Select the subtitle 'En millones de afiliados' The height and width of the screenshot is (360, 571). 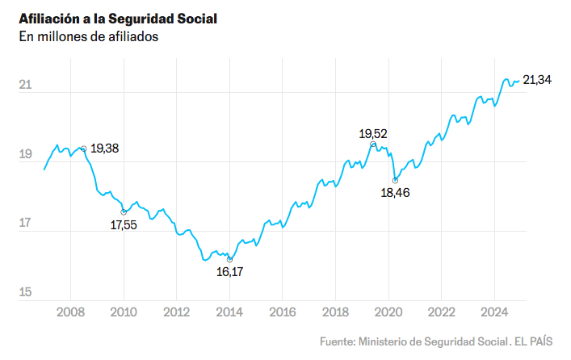(x=89, y=36)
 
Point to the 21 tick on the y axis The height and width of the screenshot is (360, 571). (x=26, y=85)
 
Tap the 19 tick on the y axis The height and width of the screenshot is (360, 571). (x=26, y=154)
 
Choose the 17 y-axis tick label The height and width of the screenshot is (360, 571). (x=26, y=224)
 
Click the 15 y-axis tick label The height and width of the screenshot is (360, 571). (x=26, y=292)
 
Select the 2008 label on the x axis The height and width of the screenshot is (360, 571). (x=70, y=312)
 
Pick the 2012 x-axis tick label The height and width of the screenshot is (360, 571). (x=176, y=312)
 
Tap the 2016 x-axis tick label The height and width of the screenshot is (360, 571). (x=282, y=312)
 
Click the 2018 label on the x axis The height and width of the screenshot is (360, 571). (x=335, y=312)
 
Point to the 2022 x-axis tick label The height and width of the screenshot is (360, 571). (x=441, y=312)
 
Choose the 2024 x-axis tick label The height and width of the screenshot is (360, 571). (x=494, y=312)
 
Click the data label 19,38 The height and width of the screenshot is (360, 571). (x=105, y=149)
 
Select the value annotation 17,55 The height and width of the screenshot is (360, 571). (x=124, y=225)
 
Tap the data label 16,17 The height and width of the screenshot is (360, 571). (x=230, y=272)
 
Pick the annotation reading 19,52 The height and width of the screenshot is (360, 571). (x=373, y=132)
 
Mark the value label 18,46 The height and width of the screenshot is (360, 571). (x=396, y=194)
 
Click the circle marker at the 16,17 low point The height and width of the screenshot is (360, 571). (x=230, y=259)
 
